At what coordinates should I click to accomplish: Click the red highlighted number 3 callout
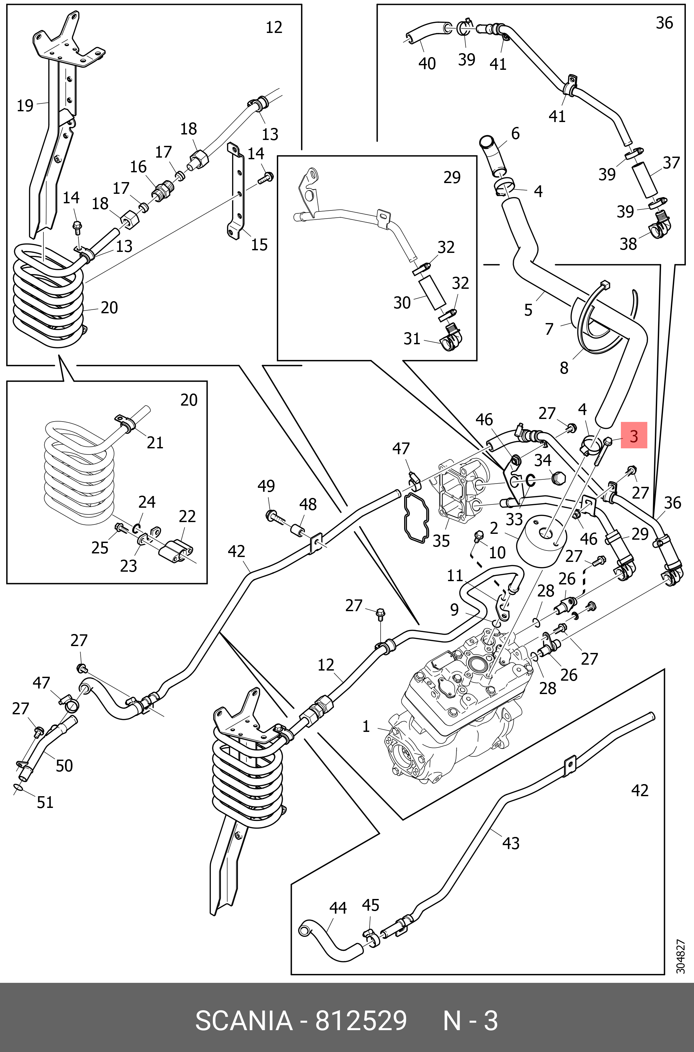634,436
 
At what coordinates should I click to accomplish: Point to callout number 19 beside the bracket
25,106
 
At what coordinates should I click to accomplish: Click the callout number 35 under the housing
441,541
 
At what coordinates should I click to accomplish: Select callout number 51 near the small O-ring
45,802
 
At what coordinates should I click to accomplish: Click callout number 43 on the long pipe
511,843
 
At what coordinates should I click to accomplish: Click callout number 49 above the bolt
266,486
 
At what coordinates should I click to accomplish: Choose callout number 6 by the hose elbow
515,133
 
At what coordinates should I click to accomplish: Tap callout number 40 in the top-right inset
427,64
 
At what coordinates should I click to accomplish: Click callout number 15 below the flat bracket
260,245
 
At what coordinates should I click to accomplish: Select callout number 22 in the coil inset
187,516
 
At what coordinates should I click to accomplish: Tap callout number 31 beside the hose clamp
412,339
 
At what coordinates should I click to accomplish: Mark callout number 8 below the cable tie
564,368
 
